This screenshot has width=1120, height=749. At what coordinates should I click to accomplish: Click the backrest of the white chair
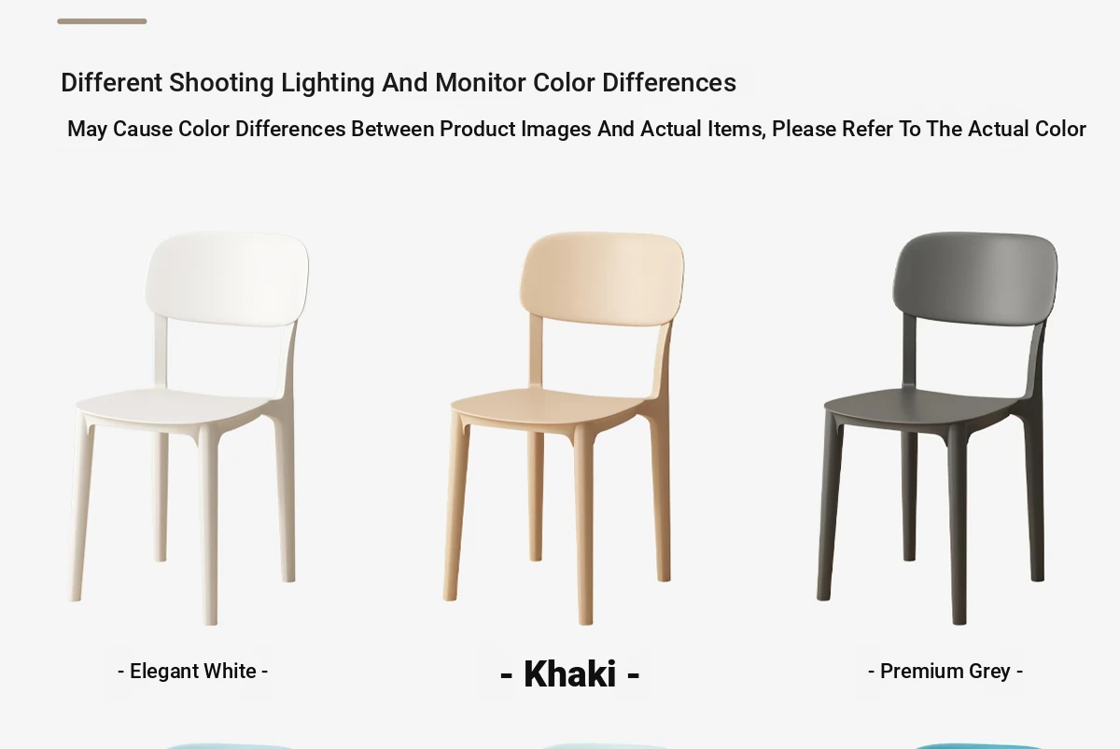[x=227, y=279]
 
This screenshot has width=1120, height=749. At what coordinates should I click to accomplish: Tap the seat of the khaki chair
[x=548, y=409]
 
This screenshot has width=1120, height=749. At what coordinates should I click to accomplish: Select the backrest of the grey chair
[x=975, y=279]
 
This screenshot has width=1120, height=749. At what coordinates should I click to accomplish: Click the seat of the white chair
[x=173, y=409]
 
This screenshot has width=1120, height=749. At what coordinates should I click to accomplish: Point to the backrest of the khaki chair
[x=602, y=279]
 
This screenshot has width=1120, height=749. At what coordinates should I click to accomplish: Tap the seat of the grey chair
[x=921, y=409]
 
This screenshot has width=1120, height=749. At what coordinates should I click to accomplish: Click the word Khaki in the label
[x=569, y=673]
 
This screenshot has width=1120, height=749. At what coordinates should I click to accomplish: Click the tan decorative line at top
[x=102, y=21]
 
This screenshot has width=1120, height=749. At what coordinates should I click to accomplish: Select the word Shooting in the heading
[x=221, y=83]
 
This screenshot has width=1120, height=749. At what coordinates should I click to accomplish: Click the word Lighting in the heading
[x=328, y=83]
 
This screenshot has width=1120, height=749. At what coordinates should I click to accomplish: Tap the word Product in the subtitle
[x=477, y=130]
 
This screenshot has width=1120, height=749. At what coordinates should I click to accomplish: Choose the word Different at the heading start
[x=111, y=82]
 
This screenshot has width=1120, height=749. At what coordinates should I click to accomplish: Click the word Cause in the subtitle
[x=143, y=130]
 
